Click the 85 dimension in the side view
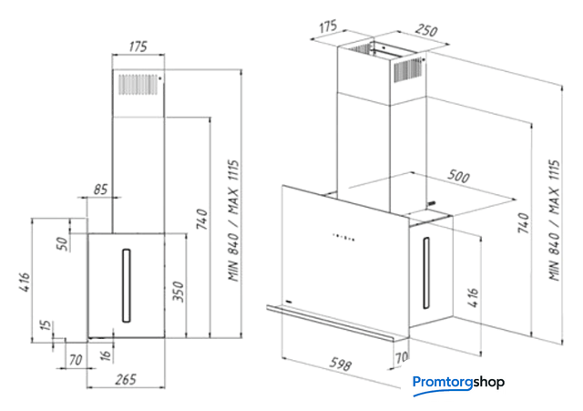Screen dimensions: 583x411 100,190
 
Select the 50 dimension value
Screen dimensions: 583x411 63,243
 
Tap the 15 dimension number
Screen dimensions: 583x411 46,325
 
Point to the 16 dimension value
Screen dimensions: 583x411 107,355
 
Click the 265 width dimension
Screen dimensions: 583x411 126,379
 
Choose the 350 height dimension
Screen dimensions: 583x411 179,292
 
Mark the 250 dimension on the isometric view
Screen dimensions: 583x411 426,30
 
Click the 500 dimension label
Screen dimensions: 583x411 458,176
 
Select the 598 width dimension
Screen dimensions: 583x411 340,364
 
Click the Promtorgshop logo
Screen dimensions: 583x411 458,384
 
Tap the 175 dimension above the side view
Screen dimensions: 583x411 138,46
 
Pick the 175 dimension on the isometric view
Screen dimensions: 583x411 328,26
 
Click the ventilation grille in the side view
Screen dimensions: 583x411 138,85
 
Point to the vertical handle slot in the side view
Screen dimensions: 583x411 127,285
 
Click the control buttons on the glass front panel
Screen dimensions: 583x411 343,237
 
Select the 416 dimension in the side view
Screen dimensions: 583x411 25,282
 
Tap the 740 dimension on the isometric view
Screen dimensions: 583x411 524,222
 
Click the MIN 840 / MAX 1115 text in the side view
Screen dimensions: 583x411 234,221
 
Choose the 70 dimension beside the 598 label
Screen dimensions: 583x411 402,357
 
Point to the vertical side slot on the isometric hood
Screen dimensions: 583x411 426,273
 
